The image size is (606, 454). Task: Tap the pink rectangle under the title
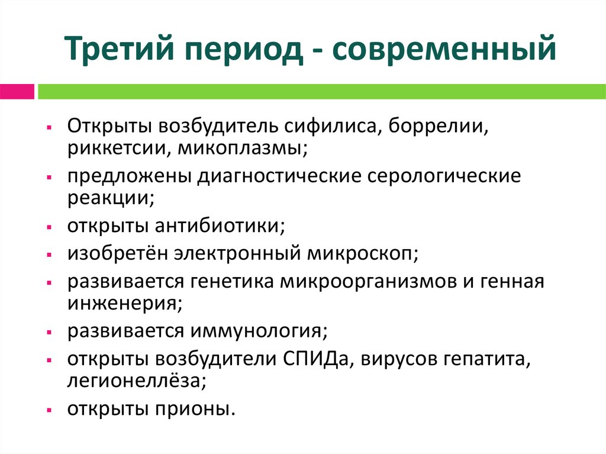(x=17, y=92)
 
